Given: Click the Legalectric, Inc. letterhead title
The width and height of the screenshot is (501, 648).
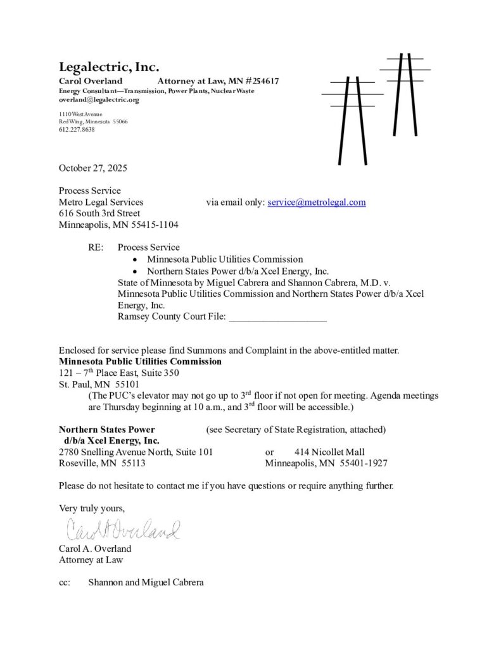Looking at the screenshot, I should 109,67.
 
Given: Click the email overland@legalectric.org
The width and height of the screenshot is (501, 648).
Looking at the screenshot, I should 99,100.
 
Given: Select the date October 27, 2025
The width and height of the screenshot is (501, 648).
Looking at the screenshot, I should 93,168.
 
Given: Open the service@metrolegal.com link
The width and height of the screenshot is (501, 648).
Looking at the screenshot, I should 317,202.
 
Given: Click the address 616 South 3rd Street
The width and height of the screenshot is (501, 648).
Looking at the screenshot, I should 99,214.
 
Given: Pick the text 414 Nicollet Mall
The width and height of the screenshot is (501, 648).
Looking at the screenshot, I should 329,452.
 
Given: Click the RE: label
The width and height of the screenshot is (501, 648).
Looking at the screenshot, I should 96,247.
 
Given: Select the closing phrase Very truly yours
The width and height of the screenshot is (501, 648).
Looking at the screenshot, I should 92,508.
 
